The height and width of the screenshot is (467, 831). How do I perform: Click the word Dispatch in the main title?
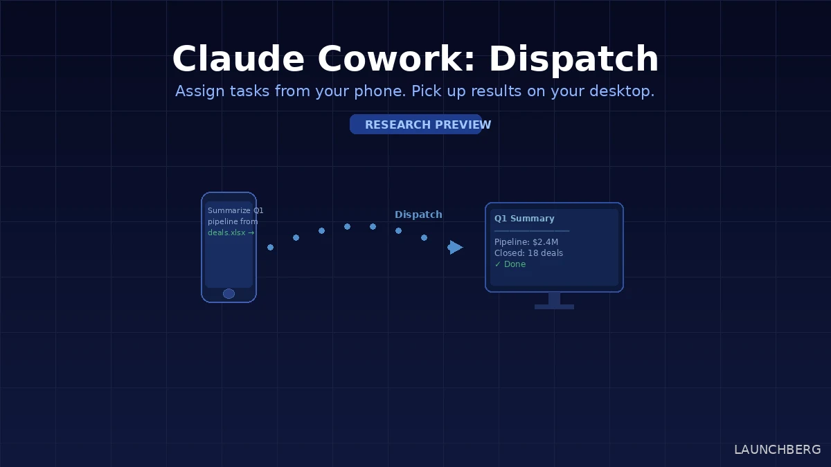point(573,59)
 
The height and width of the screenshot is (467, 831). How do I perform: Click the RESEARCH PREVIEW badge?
point(415,125)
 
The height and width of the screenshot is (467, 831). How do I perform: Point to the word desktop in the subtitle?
point(622,91)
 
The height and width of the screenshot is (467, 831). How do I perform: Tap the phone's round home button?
point(229,293)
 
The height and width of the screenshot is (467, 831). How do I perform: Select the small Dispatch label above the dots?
point(418,214)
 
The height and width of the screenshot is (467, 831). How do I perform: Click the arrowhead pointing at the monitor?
point(456,247)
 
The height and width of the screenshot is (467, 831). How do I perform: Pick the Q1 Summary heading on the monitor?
point(524,219)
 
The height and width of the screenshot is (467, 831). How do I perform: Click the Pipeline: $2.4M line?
point(526,241)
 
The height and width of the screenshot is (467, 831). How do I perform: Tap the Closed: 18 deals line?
point(528,253)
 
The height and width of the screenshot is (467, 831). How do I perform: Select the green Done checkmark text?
point(510,264)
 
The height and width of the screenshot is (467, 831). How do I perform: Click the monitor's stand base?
point(554,306)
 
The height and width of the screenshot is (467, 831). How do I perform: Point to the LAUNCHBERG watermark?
point(777,450)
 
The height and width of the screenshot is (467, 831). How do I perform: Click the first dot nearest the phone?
point(270,247)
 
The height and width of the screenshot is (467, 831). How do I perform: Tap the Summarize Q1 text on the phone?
point(235,210)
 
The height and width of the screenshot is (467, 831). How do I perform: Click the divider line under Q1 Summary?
point(532,230)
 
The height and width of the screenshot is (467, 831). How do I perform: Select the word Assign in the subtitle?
point(198,91)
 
